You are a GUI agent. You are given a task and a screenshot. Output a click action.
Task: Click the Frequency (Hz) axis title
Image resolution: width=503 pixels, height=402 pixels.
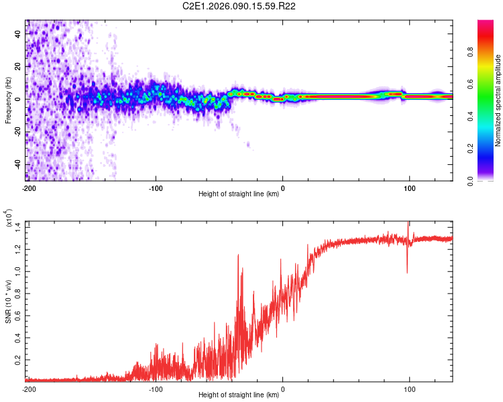point(8,100)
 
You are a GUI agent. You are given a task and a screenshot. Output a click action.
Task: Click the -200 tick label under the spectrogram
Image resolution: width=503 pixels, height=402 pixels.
point(28,187)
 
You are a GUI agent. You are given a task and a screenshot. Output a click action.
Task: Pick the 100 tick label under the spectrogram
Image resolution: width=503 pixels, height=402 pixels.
point(409,187)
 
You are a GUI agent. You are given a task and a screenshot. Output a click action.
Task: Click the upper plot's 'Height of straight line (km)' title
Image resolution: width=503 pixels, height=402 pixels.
point(240,194)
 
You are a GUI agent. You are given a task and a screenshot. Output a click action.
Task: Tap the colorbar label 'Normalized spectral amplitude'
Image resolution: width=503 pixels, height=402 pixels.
point(498,100)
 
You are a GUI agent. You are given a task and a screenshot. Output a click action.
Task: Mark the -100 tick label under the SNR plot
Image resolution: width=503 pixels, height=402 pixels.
point(156,389)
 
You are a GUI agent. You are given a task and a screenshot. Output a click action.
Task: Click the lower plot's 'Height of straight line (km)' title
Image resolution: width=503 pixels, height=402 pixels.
point(240,395)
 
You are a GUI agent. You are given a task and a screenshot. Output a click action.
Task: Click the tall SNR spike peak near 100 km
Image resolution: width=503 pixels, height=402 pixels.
point(408,224)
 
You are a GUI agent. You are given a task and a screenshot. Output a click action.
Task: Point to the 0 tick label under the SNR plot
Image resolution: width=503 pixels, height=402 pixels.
point(282,389)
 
